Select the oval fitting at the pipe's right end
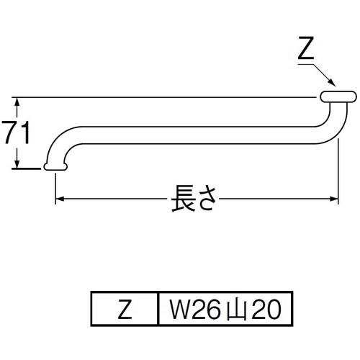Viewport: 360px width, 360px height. [336, 96]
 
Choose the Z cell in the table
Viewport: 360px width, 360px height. [124, 310]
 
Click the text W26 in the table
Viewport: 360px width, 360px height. [189, 310]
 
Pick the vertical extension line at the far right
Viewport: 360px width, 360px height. [339, 166]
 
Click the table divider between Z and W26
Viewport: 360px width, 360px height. [158, 310]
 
